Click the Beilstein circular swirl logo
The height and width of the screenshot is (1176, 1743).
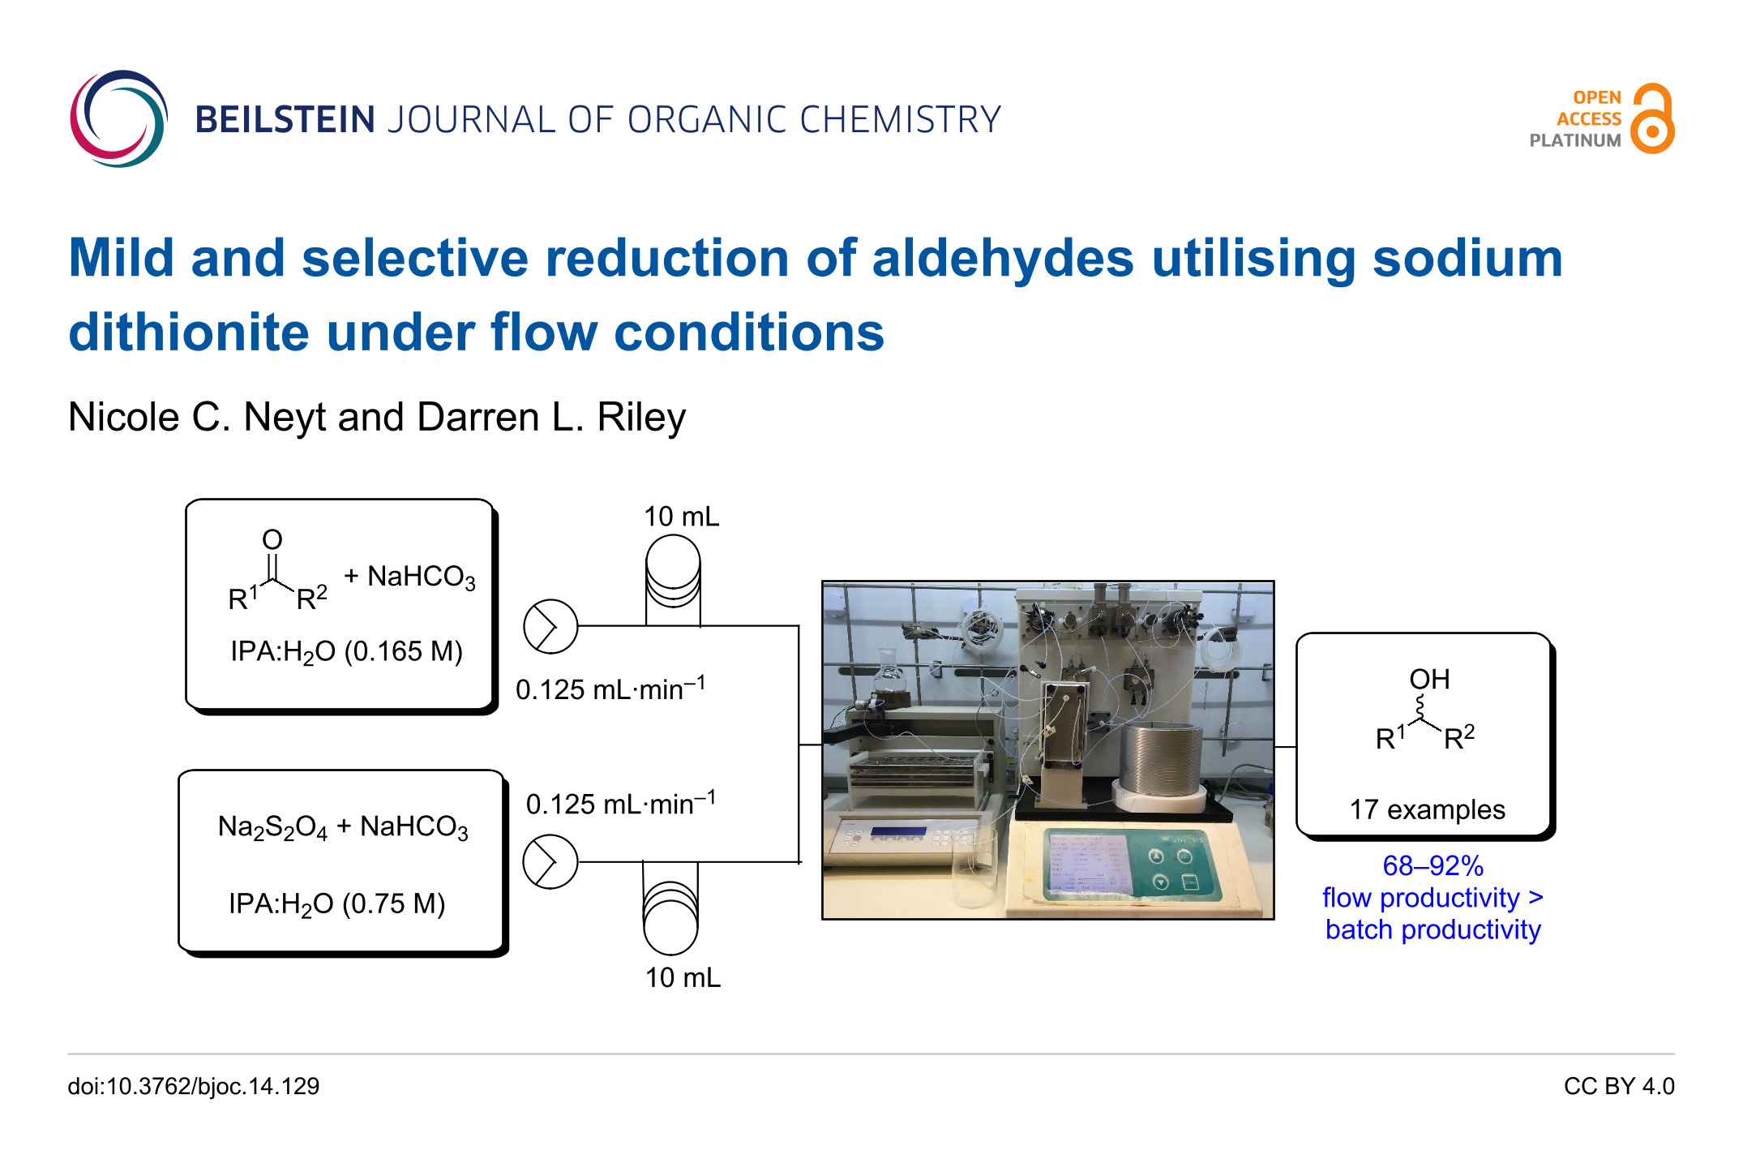pyautogui.click(x=118, y=118)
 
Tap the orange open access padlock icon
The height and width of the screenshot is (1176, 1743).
pyautogui.click(x=1652, y=118)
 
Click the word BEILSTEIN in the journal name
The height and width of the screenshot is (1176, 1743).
pyautogui.click(x=285, y=120)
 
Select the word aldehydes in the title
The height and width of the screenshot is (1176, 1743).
pyautogui.click(x=1002, y=259)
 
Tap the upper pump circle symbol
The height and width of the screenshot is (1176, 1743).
pyautogui.click(x=550, y=627)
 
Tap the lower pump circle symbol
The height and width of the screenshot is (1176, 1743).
pyautogui.click(x=550, y=862)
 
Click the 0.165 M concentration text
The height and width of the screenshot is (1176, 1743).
pyautogui.click(x=404, y=651)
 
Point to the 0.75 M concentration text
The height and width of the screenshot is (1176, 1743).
pyautogui.click(x=394, y=903)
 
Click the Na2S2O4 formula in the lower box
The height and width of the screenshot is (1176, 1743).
pyautogui.click(x=273, y=828)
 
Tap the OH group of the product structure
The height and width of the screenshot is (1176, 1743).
pyautogui.click(x=1429, y=679)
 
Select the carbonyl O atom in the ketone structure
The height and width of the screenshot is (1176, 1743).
pyautogui.click(x=272, y=539)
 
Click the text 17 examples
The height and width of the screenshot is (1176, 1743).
pyautogui.click(x=1428, y=809)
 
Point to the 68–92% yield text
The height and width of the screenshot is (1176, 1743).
pyautogui.click(x=1433, y=866)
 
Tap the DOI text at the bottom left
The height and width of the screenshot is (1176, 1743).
pyautogui.click(x=194, y=1087)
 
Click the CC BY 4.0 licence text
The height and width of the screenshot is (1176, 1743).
pyautogui.click(x=1619, y=1087)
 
